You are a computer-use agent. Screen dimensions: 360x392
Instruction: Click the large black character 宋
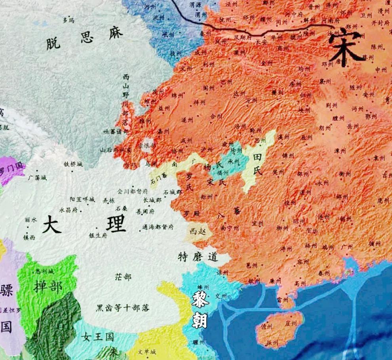(x=344, y=48)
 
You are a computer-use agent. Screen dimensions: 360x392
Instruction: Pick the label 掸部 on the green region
(x=48, y=286)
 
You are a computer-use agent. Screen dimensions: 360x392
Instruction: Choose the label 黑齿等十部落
(x=123, y=308)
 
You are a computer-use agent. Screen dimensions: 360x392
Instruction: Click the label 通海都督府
(x=158, y=227)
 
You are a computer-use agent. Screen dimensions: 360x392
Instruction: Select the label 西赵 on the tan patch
(x=198, y=231)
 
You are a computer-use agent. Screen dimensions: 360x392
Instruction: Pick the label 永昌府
(x=69, y=210)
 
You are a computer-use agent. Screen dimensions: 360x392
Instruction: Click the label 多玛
(x=69, y=20)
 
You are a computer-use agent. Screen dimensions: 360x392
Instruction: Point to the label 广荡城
(x=37, y=178)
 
